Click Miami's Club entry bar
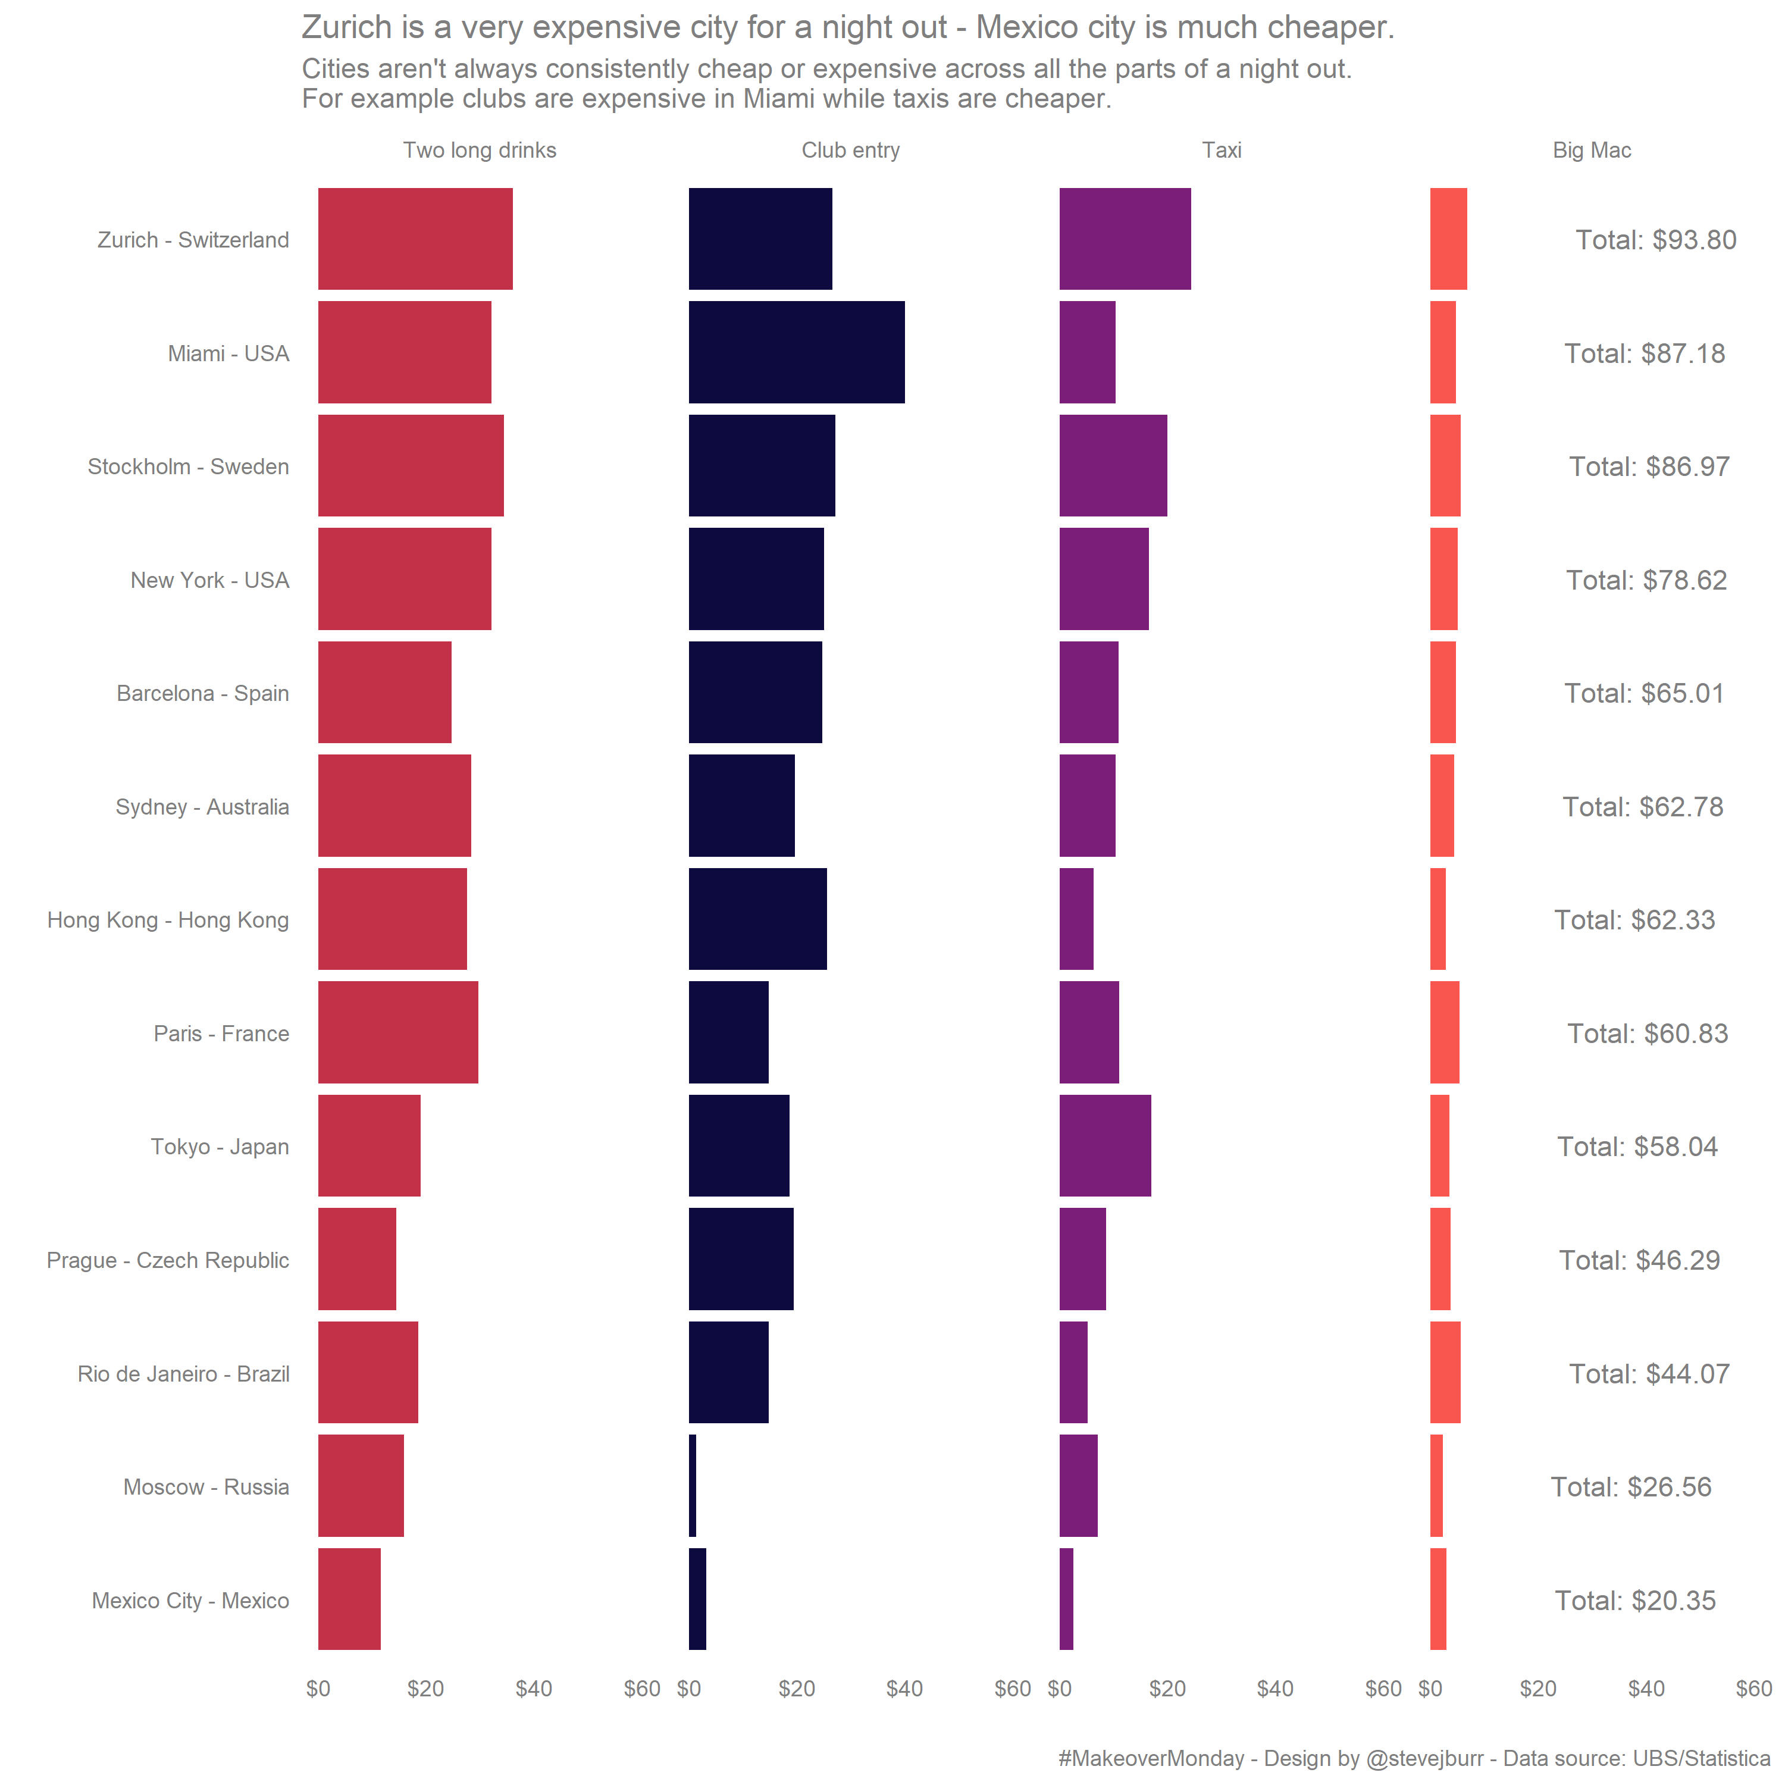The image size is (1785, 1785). (797, 352)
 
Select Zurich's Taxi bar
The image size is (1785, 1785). (1125, 239)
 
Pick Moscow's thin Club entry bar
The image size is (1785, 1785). (693, 1486)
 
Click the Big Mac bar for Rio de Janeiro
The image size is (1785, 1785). (1445, 1372)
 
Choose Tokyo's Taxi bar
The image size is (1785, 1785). (1105, 1145)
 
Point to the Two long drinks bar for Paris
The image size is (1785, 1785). (398, 1032)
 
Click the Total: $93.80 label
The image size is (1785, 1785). (1656, 240)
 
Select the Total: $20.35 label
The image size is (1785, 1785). (1634, 1600)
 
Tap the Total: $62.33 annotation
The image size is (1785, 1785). (1634, 920)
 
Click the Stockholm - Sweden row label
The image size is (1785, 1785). (189, 466)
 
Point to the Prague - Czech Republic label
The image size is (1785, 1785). (168, 1260)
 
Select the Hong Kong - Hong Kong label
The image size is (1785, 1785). (168, 920)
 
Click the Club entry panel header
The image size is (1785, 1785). (850, 151)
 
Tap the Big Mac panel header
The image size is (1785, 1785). (1591, 151)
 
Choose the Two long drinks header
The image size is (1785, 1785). (480, 151)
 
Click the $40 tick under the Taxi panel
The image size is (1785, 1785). (1275, 1689)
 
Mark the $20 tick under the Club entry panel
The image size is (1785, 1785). (797, 1689)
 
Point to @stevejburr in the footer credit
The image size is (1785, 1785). (1424, 1758)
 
